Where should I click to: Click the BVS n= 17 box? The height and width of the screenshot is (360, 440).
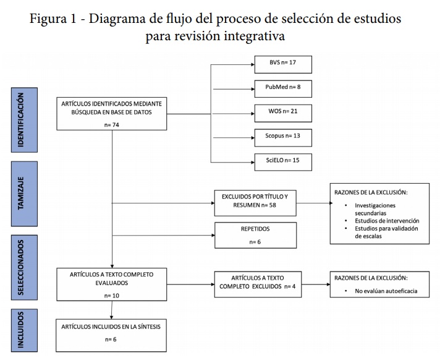tap(283, 64)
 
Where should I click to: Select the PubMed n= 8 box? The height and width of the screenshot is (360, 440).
tap(283, 88)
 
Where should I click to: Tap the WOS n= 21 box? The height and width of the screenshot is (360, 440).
tap(283, 113)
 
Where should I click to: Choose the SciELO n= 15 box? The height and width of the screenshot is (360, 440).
tap(283, 161)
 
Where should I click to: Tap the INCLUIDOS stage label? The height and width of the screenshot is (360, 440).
tap(20, 330)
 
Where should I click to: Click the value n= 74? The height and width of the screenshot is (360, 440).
tap(111, 124)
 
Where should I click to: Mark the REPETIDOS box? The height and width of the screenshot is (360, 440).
tap(255, 234)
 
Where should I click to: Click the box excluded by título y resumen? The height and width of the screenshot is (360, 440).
tap(255, 201)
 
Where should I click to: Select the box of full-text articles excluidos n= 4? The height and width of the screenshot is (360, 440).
tap(258, 284)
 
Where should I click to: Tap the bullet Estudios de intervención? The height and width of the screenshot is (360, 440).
tap(387, 221)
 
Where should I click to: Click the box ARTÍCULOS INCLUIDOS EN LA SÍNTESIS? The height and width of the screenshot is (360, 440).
tap(111, 333)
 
